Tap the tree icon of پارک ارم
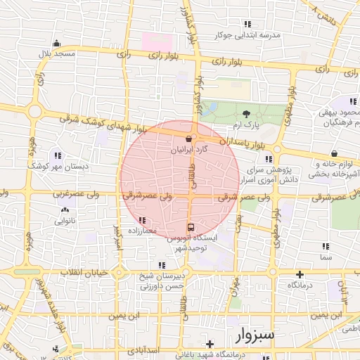point(245,114)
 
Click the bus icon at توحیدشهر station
point(191,227)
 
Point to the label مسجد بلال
point(56,53)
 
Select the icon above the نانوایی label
point(65,210)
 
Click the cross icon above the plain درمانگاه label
point(300,274)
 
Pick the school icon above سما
point(325,246)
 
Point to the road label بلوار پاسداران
point(246,143)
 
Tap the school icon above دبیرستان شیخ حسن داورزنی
point(162,265)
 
